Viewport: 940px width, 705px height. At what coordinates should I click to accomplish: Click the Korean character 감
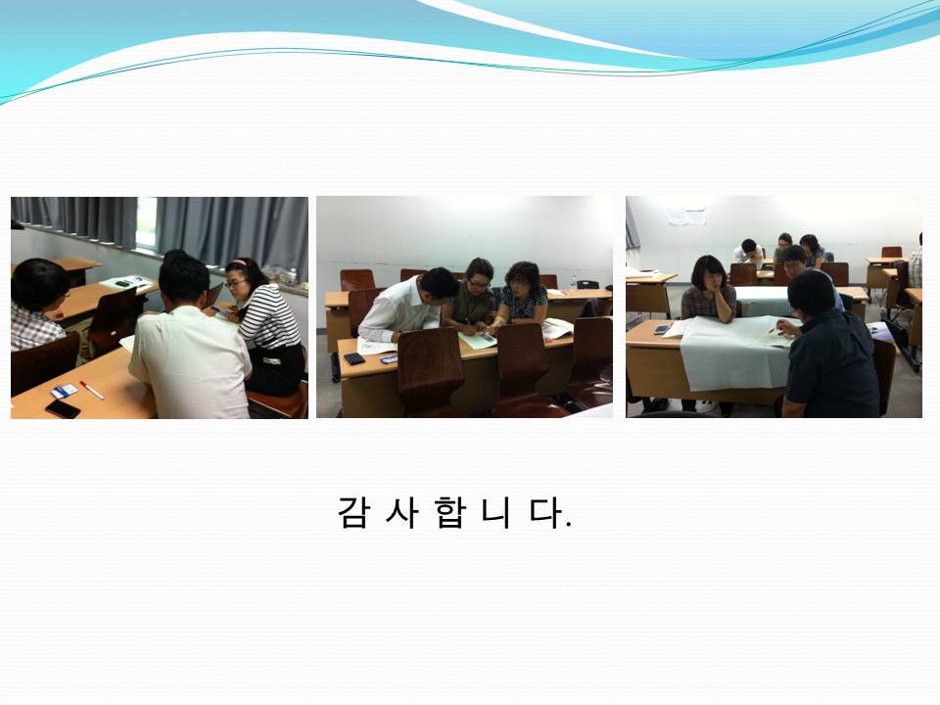[352, 512]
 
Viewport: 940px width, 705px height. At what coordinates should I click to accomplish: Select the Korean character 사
[401, 512]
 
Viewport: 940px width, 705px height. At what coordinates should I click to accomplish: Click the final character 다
[545, 512]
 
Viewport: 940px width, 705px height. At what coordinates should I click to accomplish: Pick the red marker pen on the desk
[92, 390]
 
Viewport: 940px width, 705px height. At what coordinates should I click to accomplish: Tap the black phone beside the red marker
[63, 409]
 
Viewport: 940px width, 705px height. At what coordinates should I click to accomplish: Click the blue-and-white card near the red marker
[64, 391]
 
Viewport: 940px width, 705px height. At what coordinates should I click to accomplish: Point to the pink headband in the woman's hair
[239, 262]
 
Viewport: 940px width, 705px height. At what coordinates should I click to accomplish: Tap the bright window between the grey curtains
[146, 223]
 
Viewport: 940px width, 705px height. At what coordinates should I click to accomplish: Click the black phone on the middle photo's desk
[354, 358]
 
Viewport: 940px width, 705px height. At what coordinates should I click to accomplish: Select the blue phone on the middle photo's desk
[389, 359]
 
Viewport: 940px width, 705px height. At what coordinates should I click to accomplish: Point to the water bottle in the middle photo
[574, 283]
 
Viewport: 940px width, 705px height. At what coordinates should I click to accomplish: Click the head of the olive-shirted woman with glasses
[480, 274]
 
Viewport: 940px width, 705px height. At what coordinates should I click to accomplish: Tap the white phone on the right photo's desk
[661, 329]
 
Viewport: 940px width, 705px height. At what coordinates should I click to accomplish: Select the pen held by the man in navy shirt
[774, 329]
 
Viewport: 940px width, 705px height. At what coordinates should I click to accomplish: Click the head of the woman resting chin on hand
[709, 274]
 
